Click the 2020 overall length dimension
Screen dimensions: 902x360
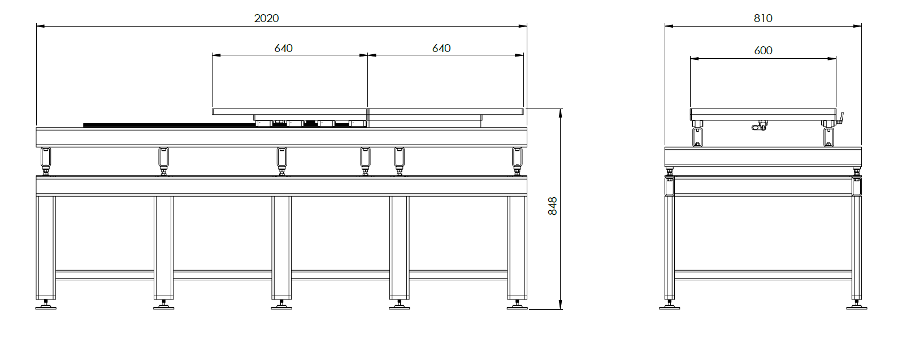[x=266, y=18]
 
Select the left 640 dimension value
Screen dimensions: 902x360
[x=283, y=49]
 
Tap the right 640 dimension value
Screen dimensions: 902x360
[x=441, y=49]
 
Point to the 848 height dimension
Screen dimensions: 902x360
[x=553, y=206]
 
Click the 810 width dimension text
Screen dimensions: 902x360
[x=762, y=18]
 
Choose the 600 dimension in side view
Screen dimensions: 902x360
[x=762, y=50]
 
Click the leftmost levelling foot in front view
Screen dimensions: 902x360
[x=46, y=305]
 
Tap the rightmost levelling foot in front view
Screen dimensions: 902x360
[x=517, y=305]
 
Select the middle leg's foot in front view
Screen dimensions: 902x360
[x=281, y=305]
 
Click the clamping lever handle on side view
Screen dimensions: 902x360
[x=840, y=118]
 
